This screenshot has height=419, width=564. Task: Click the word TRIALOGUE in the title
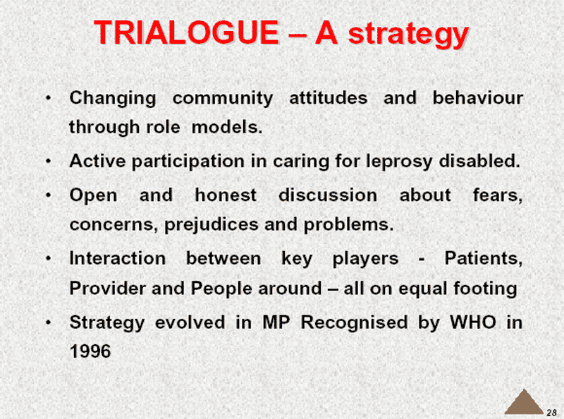[186, 32]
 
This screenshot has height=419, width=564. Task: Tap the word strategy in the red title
[408, 35]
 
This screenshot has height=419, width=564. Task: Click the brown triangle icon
[524, 401]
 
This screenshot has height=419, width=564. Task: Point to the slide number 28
[551, 413]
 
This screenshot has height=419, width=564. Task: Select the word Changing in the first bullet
[113, 99]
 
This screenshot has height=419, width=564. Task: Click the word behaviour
[478, 98]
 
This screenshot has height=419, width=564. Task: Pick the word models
[227, 127]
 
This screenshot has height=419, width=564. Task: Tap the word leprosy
[398, 162]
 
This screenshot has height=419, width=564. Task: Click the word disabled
[479, 161]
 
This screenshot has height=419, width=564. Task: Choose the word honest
[226, 195]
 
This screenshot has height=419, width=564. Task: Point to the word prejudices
[211, 225]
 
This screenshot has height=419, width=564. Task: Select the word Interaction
[118, 258]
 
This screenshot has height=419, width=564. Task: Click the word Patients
[484, 258]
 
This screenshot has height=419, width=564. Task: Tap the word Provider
[108, 289]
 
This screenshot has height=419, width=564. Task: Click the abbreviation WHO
[473, 322]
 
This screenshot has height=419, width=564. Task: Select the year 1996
[90, 351]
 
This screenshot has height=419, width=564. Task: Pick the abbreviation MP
[276, 322]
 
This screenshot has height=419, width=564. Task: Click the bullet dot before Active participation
[49, 162]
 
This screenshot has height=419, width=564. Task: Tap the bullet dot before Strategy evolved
[49, 322]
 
